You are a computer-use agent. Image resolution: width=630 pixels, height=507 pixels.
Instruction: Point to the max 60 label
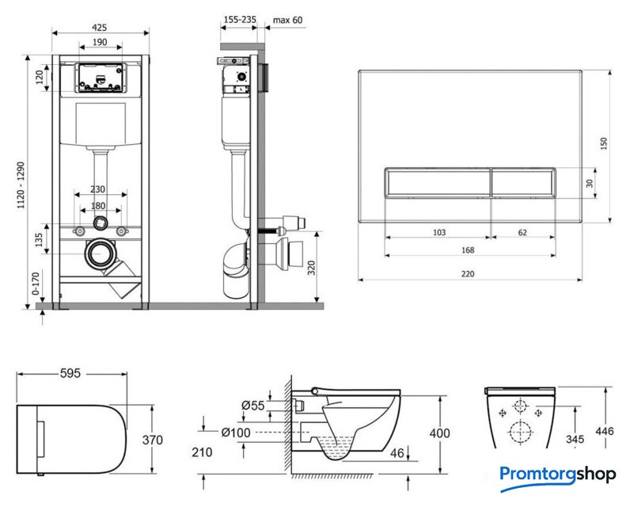point(287,19)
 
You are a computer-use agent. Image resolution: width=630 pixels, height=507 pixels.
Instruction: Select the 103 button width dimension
point(439,232)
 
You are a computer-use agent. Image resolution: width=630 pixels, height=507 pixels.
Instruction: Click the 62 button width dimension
point(523,232)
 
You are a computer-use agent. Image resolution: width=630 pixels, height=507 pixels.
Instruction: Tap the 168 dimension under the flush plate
point(468,250)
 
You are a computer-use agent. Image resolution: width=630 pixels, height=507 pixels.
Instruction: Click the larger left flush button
point(436,182)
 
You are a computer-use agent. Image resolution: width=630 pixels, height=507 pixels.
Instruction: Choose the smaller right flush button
point(522,182)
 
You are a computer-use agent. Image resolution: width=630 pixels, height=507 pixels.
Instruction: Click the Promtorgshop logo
point(557,475)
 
